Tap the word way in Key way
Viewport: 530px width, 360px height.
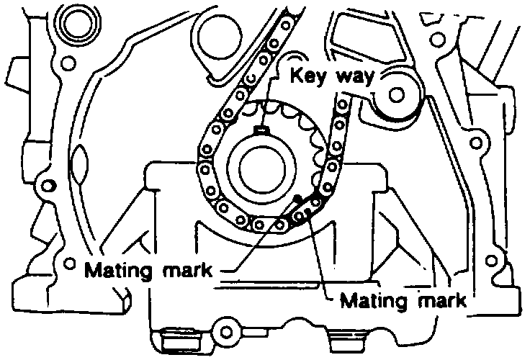coord(354,78)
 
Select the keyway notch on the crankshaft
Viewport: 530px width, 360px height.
coord(262,129)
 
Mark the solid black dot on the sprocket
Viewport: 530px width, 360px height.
coord(297,198)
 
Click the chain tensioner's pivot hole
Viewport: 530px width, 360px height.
coord(397,94)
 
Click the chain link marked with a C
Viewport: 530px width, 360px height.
coord(251,78)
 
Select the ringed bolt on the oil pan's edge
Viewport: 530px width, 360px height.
coord(226,331)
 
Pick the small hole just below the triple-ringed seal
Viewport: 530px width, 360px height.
coord(68,63)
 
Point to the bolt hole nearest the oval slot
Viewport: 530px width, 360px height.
coord(48,186)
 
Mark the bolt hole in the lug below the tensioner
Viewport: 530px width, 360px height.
coord(476,143)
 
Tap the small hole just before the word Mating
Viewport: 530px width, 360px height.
coord(69,263)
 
